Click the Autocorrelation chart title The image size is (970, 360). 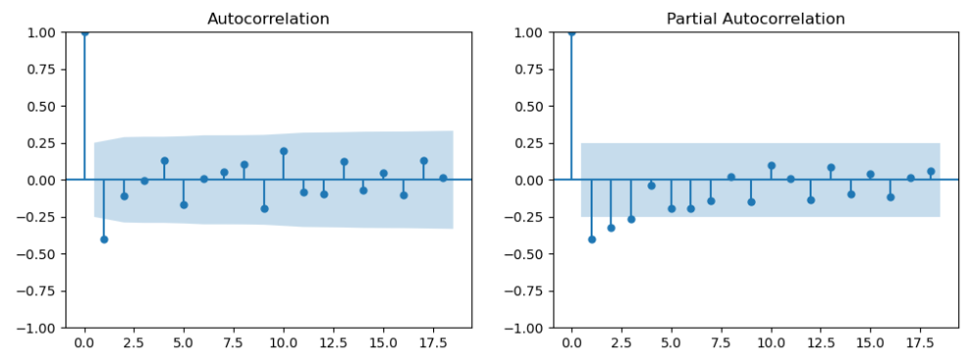[x=269, y=19]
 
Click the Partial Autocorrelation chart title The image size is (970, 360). [x=756, y=19]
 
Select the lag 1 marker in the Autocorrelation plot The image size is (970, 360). [x=104, y=239]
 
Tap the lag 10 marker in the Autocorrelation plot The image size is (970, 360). [x=284, y=151]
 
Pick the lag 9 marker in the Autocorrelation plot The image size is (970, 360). [x=264, y=208]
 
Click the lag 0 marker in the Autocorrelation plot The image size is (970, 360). [x=84, y=32]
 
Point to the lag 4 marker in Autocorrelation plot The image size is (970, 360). [x=164, y=160]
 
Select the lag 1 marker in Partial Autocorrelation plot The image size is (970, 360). [x=592, y=239]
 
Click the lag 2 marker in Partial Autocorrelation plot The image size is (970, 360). [x=611, y=227]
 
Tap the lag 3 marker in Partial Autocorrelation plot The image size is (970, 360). [x=631, y=219]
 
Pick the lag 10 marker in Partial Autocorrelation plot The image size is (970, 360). [x=771, y=165]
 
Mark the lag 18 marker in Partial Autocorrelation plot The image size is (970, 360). [x=931, y=171]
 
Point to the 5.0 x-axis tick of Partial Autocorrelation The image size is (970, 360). [x=671, y=344]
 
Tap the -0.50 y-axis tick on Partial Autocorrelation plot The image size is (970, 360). [x=529, y=254]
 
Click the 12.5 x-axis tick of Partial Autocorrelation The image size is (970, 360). [x=820, y=344]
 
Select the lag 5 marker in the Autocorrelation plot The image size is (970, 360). [x=184, y=204]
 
